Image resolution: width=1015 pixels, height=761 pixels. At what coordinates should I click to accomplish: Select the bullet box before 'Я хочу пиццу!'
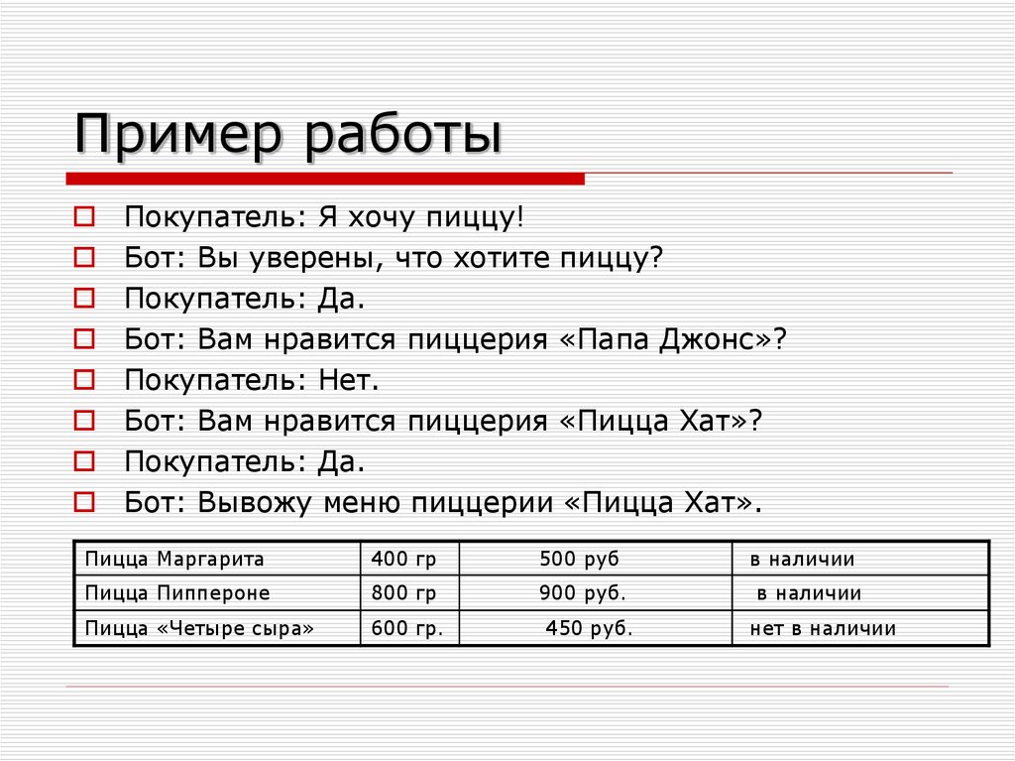coord(85,215)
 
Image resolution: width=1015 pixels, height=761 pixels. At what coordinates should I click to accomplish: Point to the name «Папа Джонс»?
coord(673,339)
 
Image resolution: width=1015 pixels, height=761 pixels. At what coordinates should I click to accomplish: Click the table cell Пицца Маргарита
coord(174,559)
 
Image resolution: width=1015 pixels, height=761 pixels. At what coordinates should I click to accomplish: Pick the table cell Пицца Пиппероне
coord(177,593)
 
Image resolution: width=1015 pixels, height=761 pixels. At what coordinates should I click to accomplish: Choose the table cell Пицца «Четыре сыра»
coord(199,628)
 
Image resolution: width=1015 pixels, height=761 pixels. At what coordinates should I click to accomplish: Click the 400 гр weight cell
coord(403,559)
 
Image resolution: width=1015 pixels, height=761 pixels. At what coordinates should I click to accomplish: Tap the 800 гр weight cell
coord(403,593)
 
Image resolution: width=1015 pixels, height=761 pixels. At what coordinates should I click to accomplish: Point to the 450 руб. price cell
coord(588,628)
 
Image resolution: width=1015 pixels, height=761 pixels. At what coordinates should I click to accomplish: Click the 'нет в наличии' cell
coord(822,628)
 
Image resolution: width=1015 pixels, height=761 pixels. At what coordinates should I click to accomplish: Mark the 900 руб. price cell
coord(582,593)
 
